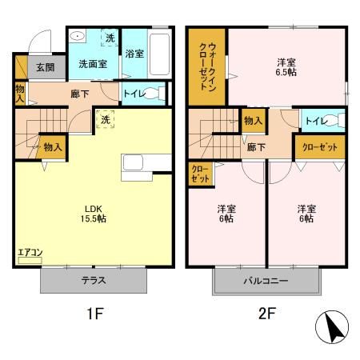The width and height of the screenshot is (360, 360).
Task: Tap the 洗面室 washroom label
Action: coord(92,63)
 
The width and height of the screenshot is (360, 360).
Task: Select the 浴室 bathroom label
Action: coord(134,54)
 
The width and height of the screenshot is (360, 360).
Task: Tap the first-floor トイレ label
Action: coord(134,94)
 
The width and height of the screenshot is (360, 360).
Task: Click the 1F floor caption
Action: coord(94,314)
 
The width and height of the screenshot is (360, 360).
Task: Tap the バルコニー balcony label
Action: coord(266,282)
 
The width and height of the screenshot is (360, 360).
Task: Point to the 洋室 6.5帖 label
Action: coord(288,66)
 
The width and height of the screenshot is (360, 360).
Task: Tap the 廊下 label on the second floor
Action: coord(256,147)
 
